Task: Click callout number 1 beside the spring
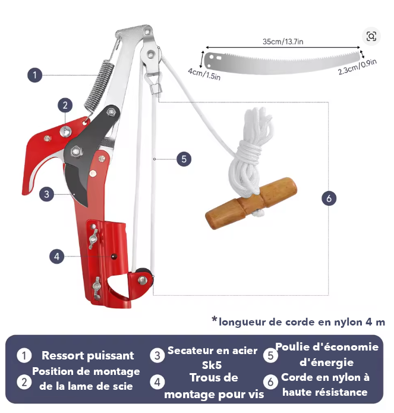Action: point(34,75)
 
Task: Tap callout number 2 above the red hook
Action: point(65,105)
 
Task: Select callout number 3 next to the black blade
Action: point(46,195)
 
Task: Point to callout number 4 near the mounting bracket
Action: point(57,256)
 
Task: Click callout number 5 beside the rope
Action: point(184,159)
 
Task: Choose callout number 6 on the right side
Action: point(329,198)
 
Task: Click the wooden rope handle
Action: point(251,204)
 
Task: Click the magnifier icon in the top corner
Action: point(371,36)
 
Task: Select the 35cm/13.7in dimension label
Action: point(283,42)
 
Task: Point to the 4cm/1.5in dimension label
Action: point(204,74)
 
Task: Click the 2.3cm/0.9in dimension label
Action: point(357,67)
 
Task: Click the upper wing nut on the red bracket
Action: point(93,239)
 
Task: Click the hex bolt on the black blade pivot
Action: point(76,151)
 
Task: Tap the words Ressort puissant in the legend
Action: point(88,356)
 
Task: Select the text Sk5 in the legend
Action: point(212,365)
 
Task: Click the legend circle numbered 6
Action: point(270,382)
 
